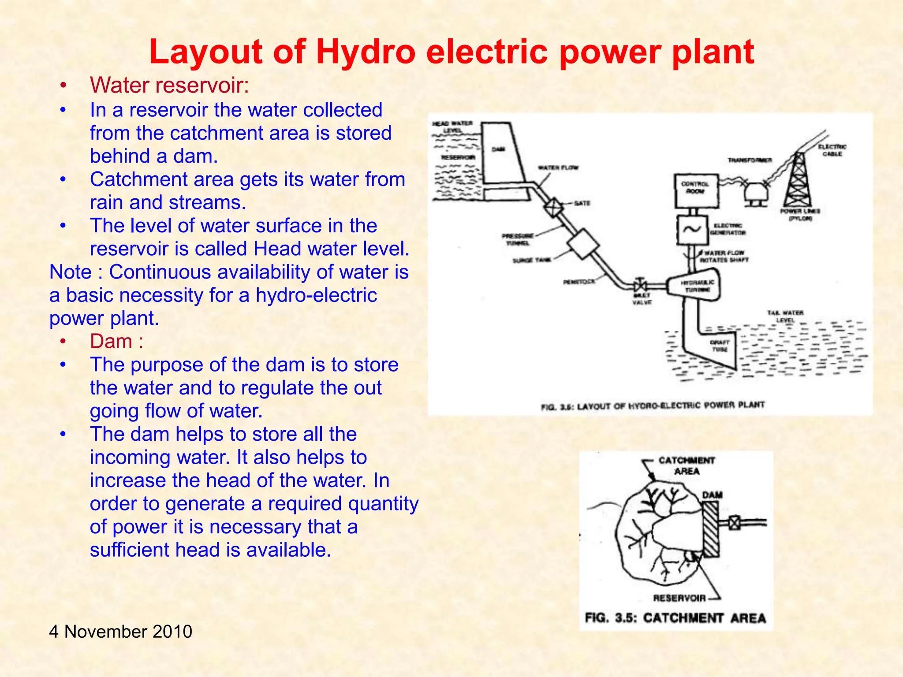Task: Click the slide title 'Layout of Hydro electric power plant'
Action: (x=451, y=52)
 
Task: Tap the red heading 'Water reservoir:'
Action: (x=169, y=85)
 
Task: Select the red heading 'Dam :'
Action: (x=116, y=341)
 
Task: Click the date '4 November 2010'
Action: (x=120, y=631)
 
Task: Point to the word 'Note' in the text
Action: (x=70, y=272)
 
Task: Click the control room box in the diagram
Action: (x=696, y=190)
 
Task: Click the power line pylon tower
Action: (x=798, y=181)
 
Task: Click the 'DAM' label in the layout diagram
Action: (x=498, y=150)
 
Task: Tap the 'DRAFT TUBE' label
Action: (x=720, y=346)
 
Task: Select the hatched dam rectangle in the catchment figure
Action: (x=710, y=530)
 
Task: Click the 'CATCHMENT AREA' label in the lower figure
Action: (x=687, y=466)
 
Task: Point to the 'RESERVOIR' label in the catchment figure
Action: (x=679, y=598)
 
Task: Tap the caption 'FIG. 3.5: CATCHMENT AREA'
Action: (x=675, y=618)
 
